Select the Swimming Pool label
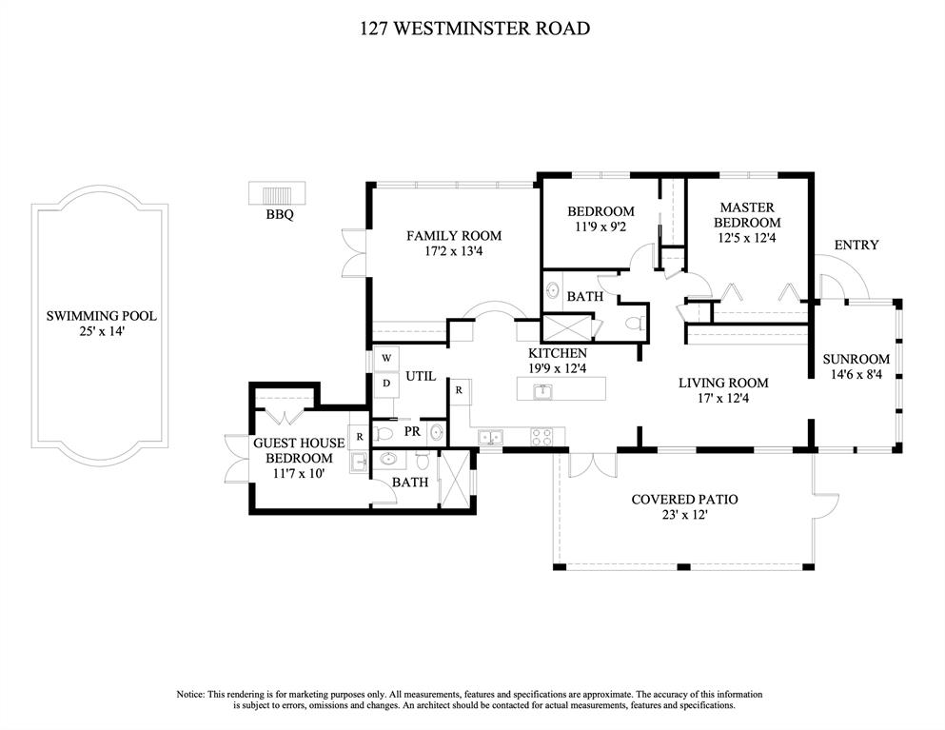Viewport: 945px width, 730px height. (102, 316)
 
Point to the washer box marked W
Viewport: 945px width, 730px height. (387, 358)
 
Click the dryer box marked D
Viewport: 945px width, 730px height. (387, 383)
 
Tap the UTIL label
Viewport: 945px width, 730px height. (421, 377)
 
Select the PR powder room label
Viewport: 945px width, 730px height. (412, 431)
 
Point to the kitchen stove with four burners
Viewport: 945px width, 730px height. (541, 437)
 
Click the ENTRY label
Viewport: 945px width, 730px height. (856, 246)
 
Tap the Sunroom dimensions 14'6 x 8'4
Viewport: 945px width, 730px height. (856, 375)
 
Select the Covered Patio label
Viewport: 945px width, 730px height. (684, 499)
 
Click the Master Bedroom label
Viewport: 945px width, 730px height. (747, 215)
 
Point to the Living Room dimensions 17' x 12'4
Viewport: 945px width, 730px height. (722, 400)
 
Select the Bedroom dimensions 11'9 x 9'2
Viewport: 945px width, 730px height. (600, 227)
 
